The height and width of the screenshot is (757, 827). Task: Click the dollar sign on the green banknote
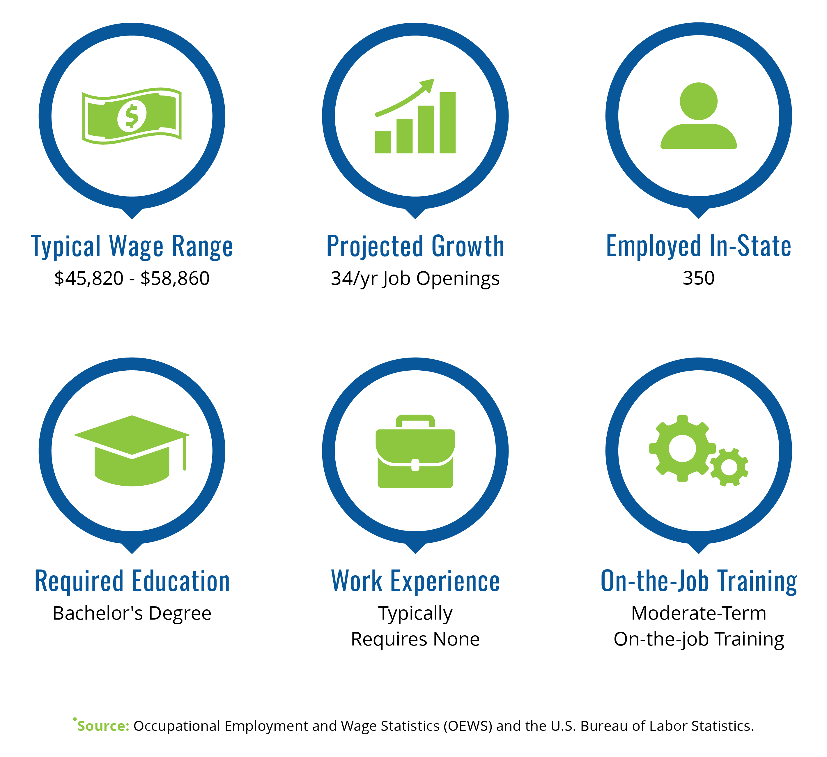132,116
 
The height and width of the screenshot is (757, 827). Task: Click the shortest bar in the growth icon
383,142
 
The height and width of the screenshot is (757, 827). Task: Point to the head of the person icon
699,101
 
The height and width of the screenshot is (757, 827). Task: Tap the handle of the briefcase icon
415,421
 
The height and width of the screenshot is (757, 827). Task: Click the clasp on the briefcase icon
415,465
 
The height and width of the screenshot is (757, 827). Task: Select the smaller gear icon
729,467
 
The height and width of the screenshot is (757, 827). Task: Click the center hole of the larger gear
683,448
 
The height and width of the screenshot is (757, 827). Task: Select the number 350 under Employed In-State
699,278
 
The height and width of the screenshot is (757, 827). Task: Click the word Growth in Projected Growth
468,246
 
